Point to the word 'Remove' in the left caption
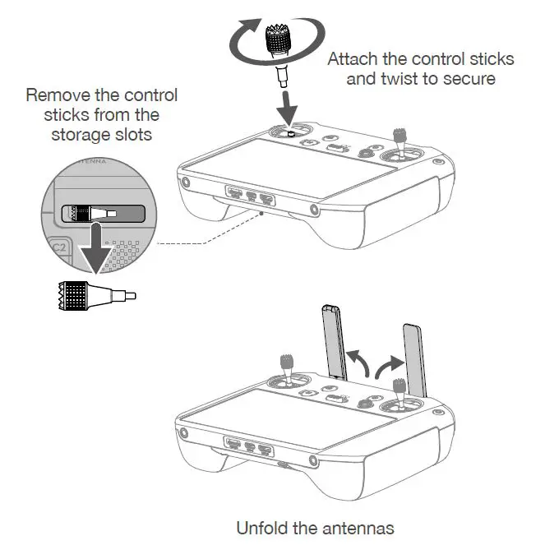click(x=54, y=95)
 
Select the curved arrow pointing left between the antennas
click(x=355, y=362)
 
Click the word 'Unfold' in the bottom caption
click(x=261, y=528)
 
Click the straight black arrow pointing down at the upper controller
click(x=289, y=102)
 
